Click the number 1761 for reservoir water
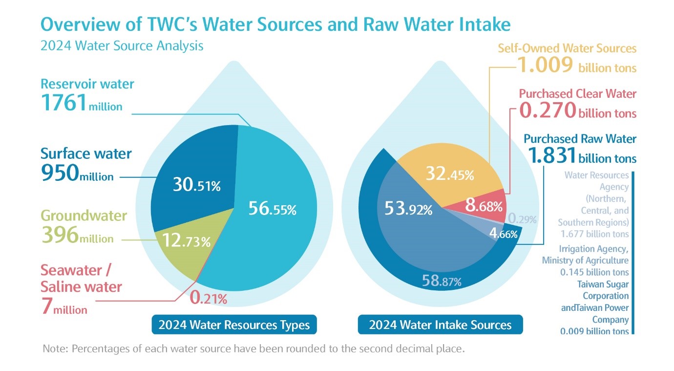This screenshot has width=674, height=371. [x=64, y=103]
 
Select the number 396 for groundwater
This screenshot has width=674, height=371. [x=60, y=236]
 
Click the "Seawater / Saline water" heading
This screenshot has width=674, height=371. [x=81, y=278]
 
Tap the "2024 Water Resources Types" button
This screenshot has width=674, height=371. [x=234, y=325]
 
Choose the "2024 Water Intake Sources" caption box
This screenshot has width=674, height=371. [x=440, y=325]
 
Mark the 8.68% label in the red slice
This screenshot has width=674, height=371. [x=484, y=206]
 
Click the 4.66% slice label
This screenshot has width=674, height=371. [x=504, y=234]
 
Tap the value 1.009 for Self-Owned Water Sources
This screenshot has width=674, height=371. [x=545, y=65]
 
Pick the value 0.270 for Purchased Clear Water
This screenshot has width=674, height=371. [x=548, y=110]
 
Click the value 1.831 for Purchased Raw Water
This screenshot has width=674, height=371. [x=551, y=155]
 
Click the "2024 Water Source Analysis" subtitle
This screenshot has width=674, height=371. [x=122, y=46]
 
